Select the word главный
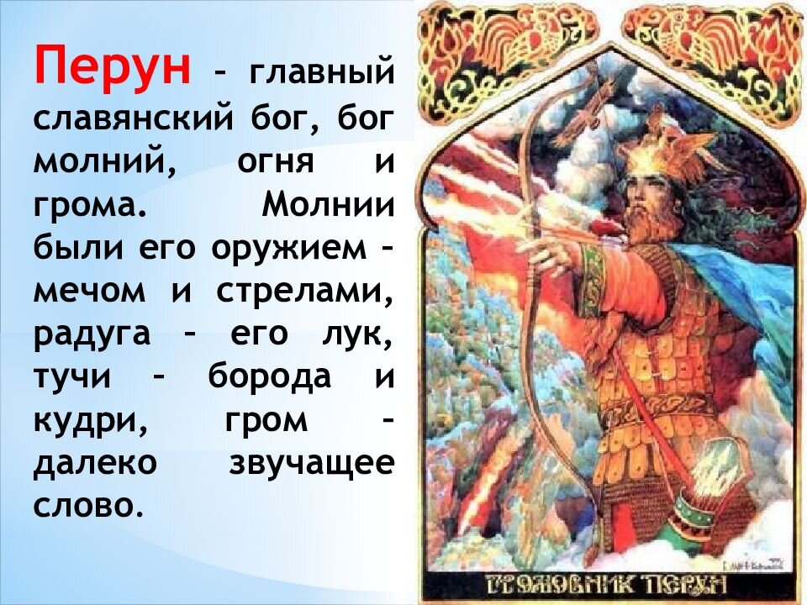click(320, 73)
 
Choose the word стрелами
click(305, 292)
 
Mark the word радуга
click(92, 335)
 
